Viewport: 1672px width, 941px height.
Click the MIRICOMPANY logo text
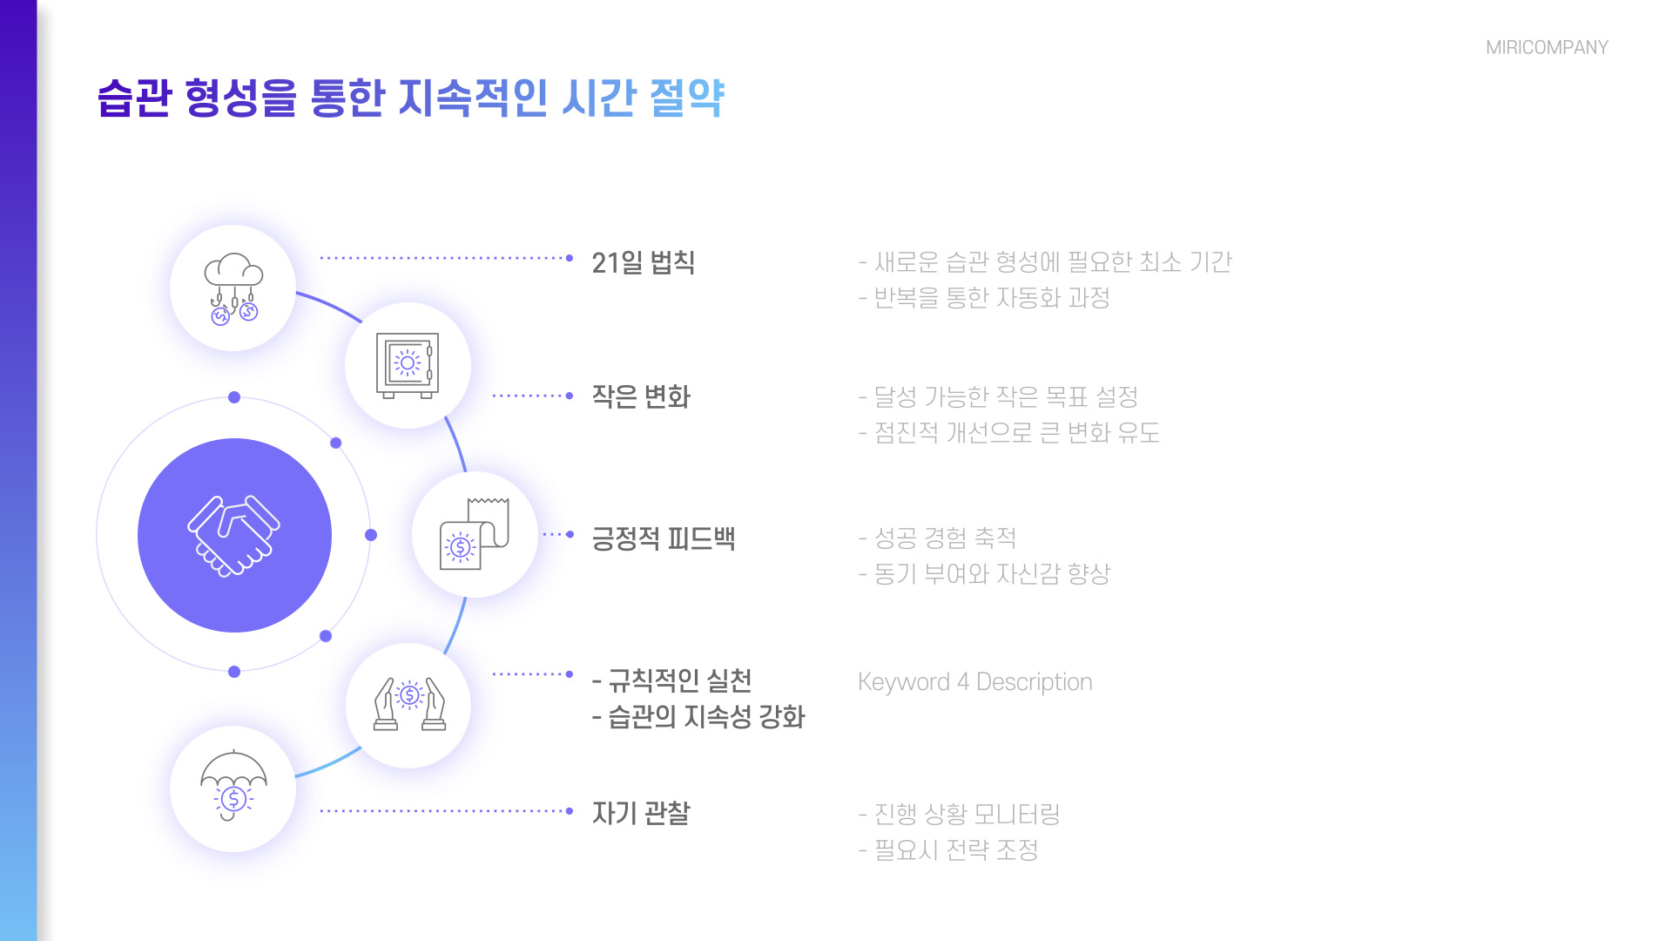click(x=1547, y=48)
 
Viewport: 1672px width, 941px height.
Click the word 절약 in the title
click(x=687, y=98)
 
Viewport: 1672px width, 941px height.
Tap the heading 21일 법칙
click(x=643, y=262)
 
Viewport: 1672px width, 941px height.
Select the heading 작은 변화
click(x=640, y=396)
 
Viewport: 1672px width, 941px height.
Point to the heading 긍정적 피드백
click(x=663, y=538)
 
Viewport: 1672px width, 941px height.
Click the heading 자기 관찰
click(x=640, y=813)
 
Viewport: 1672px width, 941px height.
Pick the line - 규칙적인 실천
click(x=671, y=680)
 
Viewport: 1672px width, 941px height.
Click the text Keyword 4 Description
click(x=974, y=681)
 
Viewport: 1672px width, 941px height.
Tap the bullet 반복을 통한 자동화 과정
click(x=984, y=298)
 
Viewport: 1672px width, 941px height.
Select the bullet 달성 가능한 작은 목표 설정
click(x=998, y=397)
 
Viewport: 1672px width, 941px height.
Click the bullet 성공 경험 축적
click(x=937, y=538)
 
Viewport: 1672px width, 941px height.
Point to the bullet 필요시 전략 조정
click(x=948, y=850)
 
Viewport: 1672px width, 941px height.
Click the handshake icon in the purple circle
click(x=233, y=535)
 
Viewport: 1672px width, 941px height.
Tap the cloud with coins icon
click(x=233, y=288)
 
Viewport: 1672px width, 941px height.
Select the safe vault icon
click(x=407, y=365)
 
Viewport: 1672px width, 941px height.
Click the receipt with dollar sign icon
click(x=474, y=534)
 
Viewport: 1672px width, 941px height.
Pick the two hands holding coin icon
click(x=408, y=705)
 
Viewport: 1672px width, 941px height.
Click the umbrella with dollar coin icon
click(x=233, y=787)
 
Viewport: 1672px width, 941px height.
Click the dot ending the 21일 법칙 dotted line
click(x=570, y=258)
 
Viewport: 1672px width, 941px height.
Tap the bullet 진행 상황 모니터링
click(x=959, y=814)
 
